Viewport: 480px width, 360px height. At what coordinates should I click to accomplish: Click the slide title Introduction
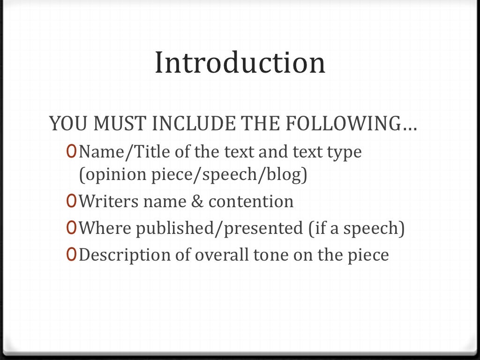(x=240, y=63)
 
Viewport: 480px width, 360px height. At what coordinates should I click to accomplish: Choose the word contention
(x=251, y=202)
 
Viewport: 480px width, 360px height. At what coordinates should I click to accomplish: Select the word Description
(x=120, y=255)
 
